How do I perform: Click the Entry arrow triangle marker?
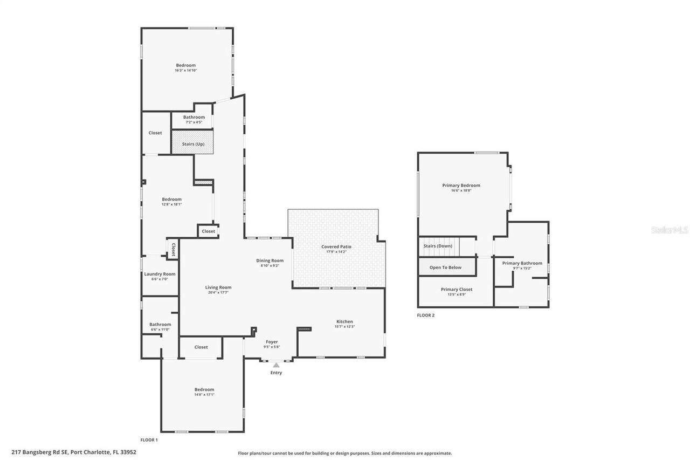coord(276,365)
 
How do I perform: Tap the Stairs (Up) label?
coord(192,144)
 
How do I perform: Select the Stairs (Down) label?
coord(438,246)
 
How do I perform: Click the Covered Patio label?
coord(336,246)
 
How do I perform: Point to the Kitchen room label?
coord(344,321)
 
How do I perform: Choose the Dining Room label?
coord(270,260)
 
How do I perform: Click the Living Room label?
coord(218,287)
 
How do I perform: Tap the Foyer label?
coord(272,342)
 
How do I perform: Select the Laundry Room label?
coord(160,274)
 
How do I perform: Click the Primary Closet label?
coord(457,290)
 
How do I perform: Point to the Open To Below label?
coord(445,267)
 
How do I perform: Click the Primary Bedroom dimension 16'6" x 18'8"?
coord(461,190)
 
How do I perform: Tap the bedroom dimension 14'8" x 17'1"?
coord(204,394)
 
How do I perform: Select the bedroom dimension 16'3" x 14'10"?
coord(185,70)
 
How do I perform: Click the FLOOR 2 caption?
coord(425,315)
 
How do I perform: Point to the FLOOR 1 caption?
coord(149,440)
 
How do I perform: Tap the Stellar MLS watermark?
coord(670,230)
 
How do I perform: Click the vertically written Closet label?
coord(173,249)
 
